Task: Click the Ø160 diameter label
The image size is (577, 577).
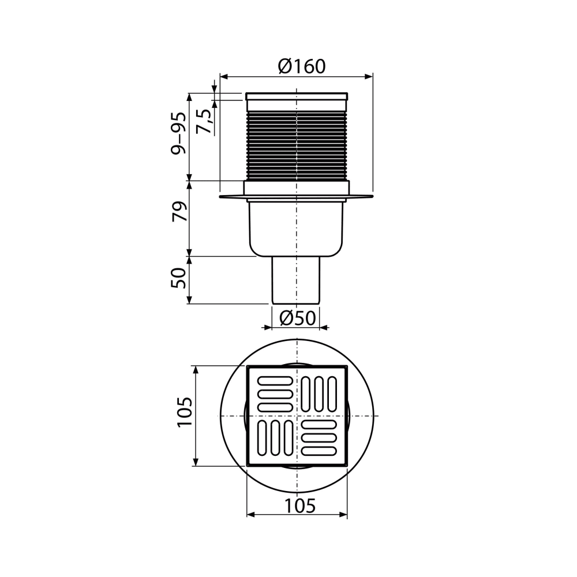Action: pyautogui.click(x=301, y=66)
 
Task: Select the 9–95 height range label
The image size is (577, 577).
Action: pyautogui.click(x=180, y=133)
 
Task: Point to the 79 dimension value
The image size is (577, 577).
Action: pyautogui.click(x=179, y=212)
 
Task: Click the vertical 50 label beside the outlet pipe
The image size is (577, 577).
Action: pyautogui.click(x=179, y=279)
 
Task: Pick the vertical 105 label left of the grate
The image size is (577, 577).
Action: pyautogui.click(x=183, y=412)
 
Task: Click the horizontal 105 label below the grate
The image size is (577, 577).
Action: pyautogui.click(x=300, y=505)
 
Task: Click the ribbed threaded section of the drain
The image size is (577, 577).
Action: pyautogui.click(x=297, y=144)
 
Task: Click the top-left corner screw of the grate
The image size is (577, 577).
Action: pyautogui.click(x=250, y=368)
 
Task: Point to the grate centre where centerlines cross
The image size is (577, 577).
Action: pyautogui.click(x=297, y=416)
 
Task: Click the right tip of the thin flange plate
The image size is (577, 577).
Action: pyautogui.click(x=373, y=197)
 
